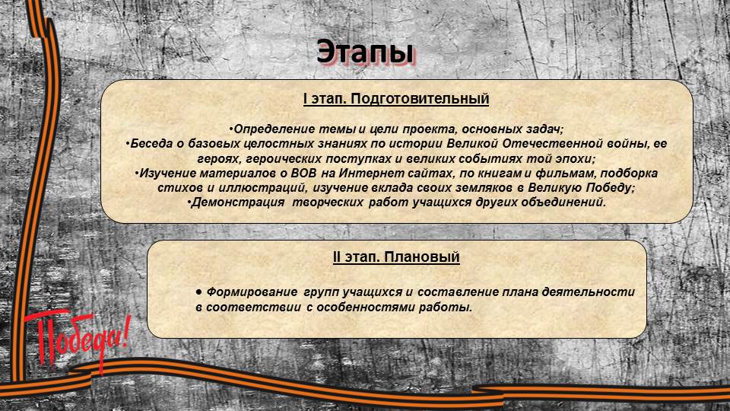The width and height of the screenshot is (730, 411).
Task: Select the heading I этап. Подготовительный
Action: [396, 99]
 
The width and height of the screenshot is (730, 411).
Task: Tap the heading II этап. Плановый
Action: [396, 256]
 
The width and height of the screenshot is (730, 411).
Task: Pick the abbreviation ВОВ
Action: [303, 174]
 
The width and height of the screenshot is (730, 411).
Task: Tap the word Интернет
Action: [368, 174]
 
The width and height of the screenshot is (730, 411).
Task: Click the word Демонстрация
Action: [237, 202]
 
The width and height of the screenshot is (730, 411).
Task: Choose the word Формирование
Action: [252, 292]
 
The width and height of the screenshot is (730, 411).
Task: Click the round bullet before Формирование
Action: [198, 292]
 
